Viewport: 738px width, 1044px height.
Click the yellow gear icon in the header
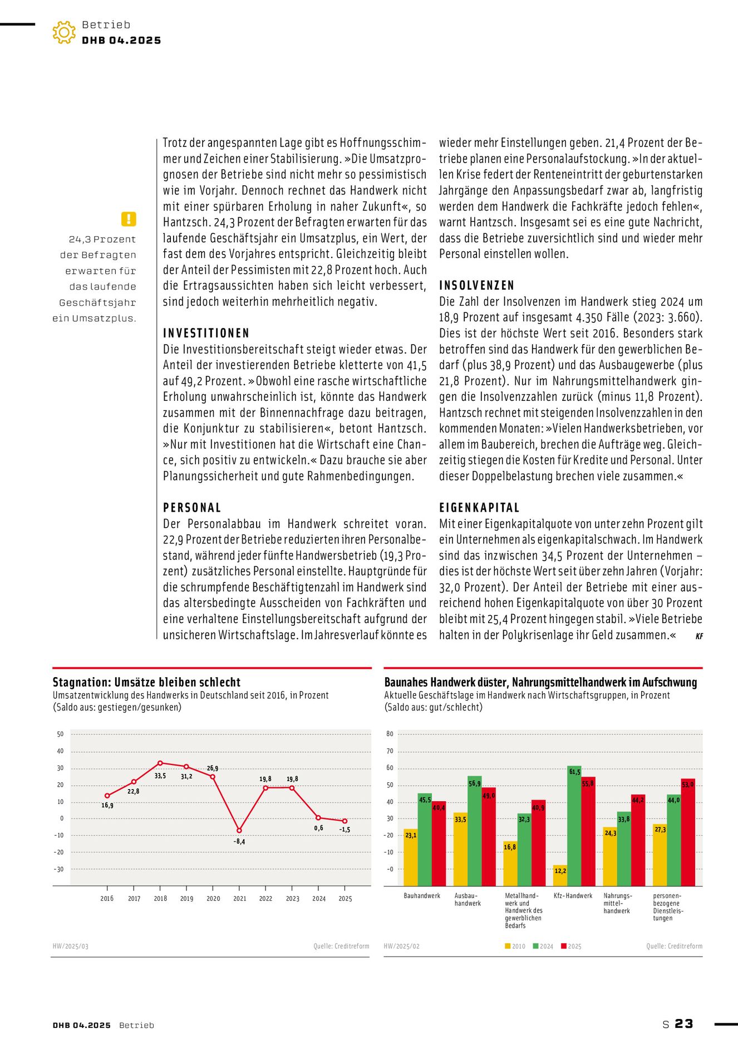[x=64, y=33]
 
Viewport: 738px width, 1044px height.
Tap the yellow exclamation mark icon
[x=129, y=219]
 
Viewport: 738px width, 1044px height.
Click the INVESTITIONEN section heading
[x=206, y=334]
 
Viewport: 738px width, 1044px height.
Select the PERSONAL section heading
[x=192, y=508]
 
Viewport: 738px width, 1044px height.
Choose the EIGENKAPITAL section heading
[x=479, y=508]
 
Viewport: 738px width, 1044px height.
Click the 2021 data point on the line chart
[x=239, y=830]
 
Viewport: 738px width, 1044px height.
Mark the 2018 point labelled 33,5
[x=160, y=763]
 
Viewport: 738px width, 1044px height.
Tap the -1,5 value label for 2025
[x=345, y=830]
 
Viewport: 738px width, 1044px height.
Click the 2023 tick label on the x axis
[x=292, y=899]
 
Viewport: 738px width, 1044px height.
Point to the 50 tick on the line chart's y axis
[x=60, y=734]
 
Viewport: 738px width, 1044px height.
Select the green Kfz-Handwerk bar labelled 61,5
[x=574, y=825]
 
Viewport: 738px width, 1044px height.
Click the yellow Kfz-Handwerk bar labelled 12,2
[x=560, y=875]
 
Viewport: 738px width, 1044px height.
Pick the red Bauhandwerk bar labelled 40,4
[x=439, y=844]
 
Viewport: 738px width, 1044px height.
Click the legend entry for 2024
[x=543, y=946]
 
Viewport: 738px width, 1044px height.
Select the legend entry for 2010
[x=515, y=946]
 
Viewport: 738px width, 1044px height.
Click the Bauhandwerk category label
[x=422, y=896]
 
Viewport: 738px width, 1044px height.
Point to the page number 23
[x=684, y=1024]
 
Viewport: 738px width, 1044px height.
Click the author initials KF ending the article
[x=699, y=636]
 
